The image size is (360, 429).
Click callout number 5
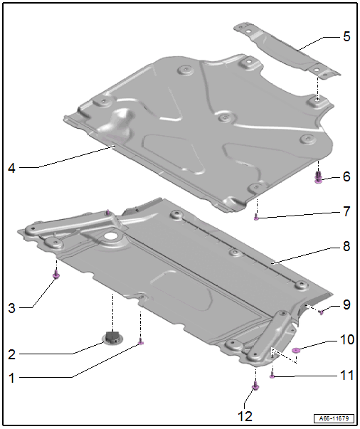(346, 36)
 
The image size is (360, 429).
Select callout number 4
(11, 168)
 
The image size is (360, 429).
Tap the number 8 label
(346, 246)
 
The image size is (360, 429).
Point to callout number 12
(245, 416)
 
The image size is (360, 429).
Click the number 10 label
(347, 339)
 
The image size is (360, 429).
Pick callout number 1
(11, 378)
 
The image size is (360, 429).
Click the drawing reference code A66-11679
(334, 418)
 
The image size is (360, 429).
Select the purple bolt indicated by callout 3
(56, 274)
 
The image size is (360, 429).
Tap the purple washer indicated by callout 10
(296, 350)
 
